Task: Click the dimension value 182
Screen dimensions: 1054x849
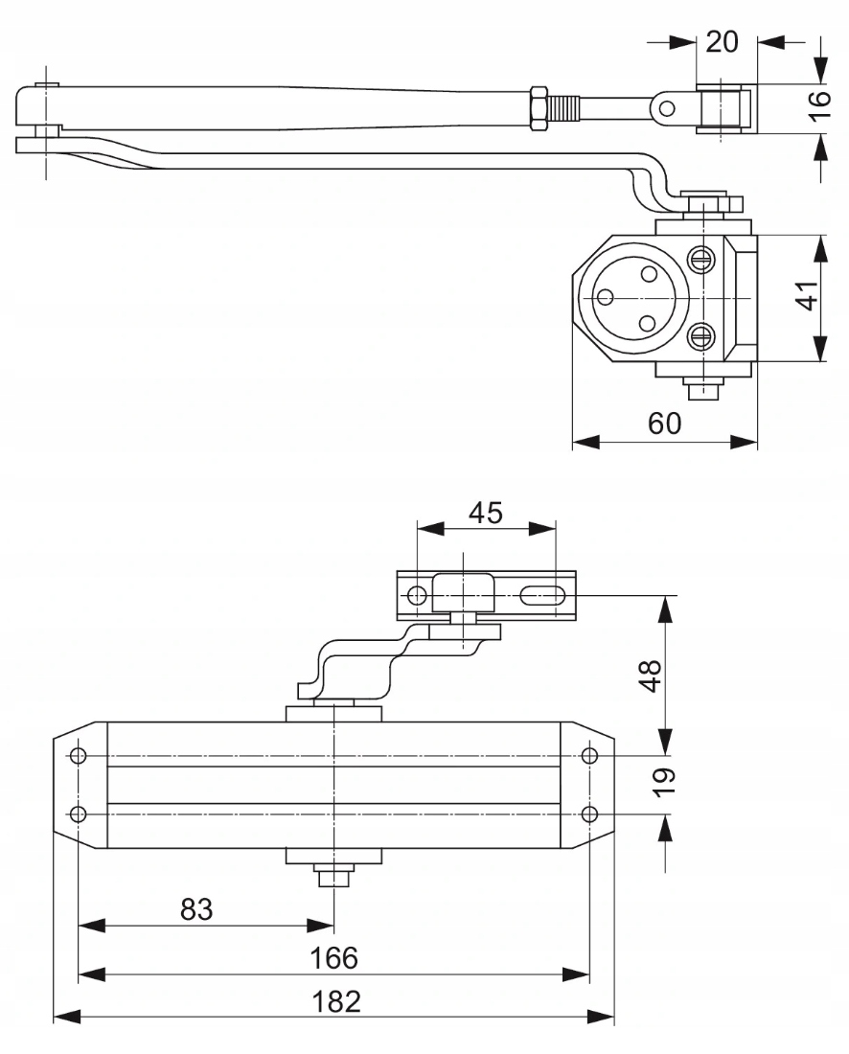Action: pos(336,1002)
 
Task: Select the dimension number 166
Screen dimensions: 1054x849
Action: pos(333,957)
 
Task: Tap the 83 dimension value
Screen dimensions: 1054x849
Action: pos(196,909)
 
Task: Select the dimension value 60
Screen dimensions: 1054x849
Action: pos(664,424)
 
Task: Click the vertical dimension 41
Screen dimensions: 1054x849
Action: pos(807,296)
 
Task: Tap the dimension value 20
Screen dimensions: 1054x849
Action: pos(724,42)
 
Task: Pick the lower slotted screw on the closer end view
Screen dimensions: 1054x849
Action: pos(701,336)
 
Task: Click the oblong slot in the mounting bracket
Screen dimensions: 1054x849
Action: pos(541,596)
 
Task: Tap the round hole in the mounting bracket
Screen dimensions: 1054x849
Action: pos(417,596)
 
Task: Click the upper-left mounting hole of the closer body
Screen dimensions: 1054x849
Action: pos(79,756)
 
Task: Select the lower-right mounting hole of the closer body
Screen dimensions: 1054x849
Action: pos(589,813)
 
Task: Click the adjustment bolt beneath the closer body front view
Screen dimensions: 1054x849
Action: pos(333,876)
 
